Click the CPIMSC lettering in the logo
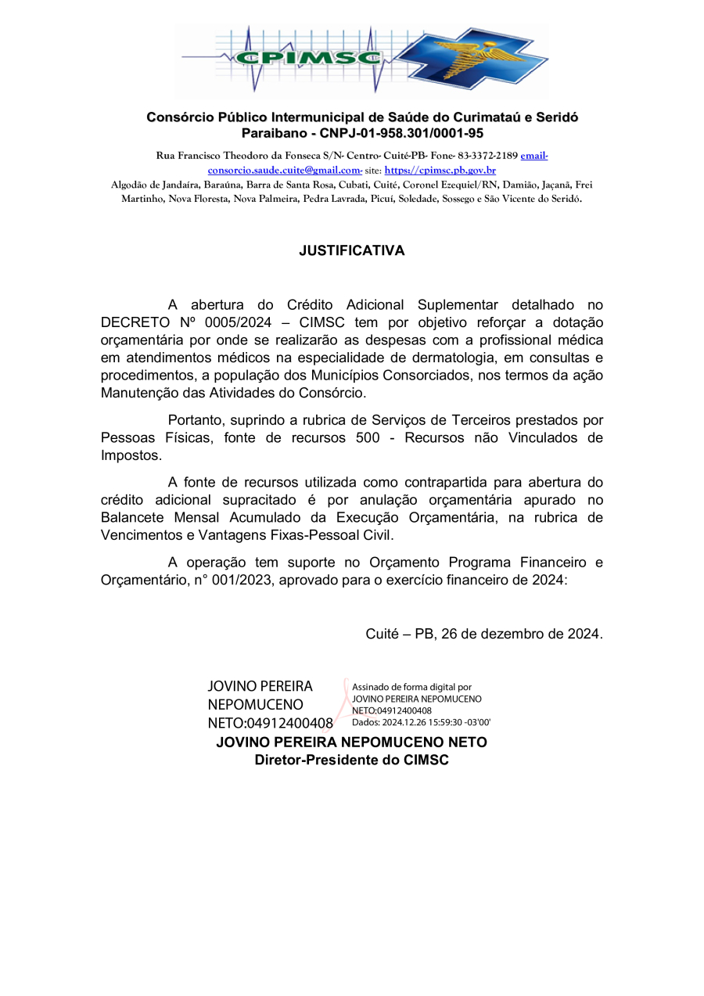tap(309, 58)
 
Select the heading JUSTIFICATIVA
tap(352, 251)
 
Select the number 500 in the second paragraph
tap(368, 438)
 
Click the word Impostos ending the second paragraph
tap(131, 455)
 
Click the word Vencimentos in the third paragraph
tap(142, 535)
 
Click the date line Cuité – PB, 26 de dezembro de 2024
tap(484, 634)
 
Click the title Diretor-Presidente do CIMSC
tap(352, 760)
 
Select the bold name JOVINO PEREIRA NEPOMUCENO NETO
tap(351, 742)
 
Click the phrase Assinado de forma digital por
tap(412, 687)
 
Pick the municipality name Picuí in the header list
tap(378, 199)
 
